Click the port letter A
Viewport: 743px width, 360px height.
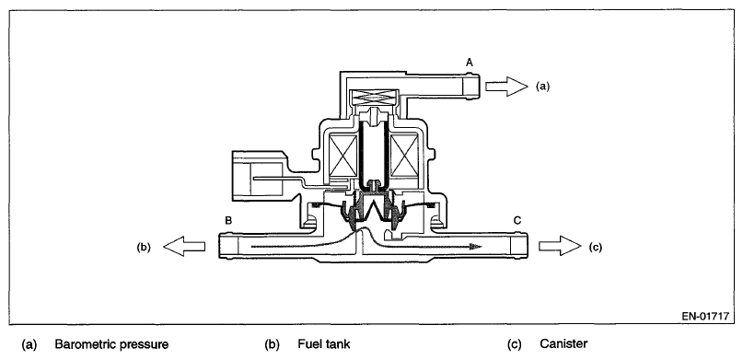pos(470,62)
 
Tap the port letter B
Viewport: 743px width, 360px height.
pos(228,220)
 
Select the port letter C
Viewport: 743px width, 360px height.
pos(517,220)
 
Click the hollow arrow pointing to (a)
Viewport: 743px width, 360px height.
pos(506,87)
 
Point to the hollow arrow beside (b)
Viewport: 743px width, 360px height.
pos(184,247)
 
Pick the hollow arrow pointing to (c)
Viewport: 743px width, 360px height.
pos(560,246)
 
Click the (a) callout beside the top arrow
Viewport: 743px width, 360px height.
pos(543,87)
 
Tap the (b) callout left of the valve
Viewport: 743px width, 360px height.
pos(144,247)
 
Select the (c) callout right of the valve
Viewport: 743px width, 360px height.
pos(595,247)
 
